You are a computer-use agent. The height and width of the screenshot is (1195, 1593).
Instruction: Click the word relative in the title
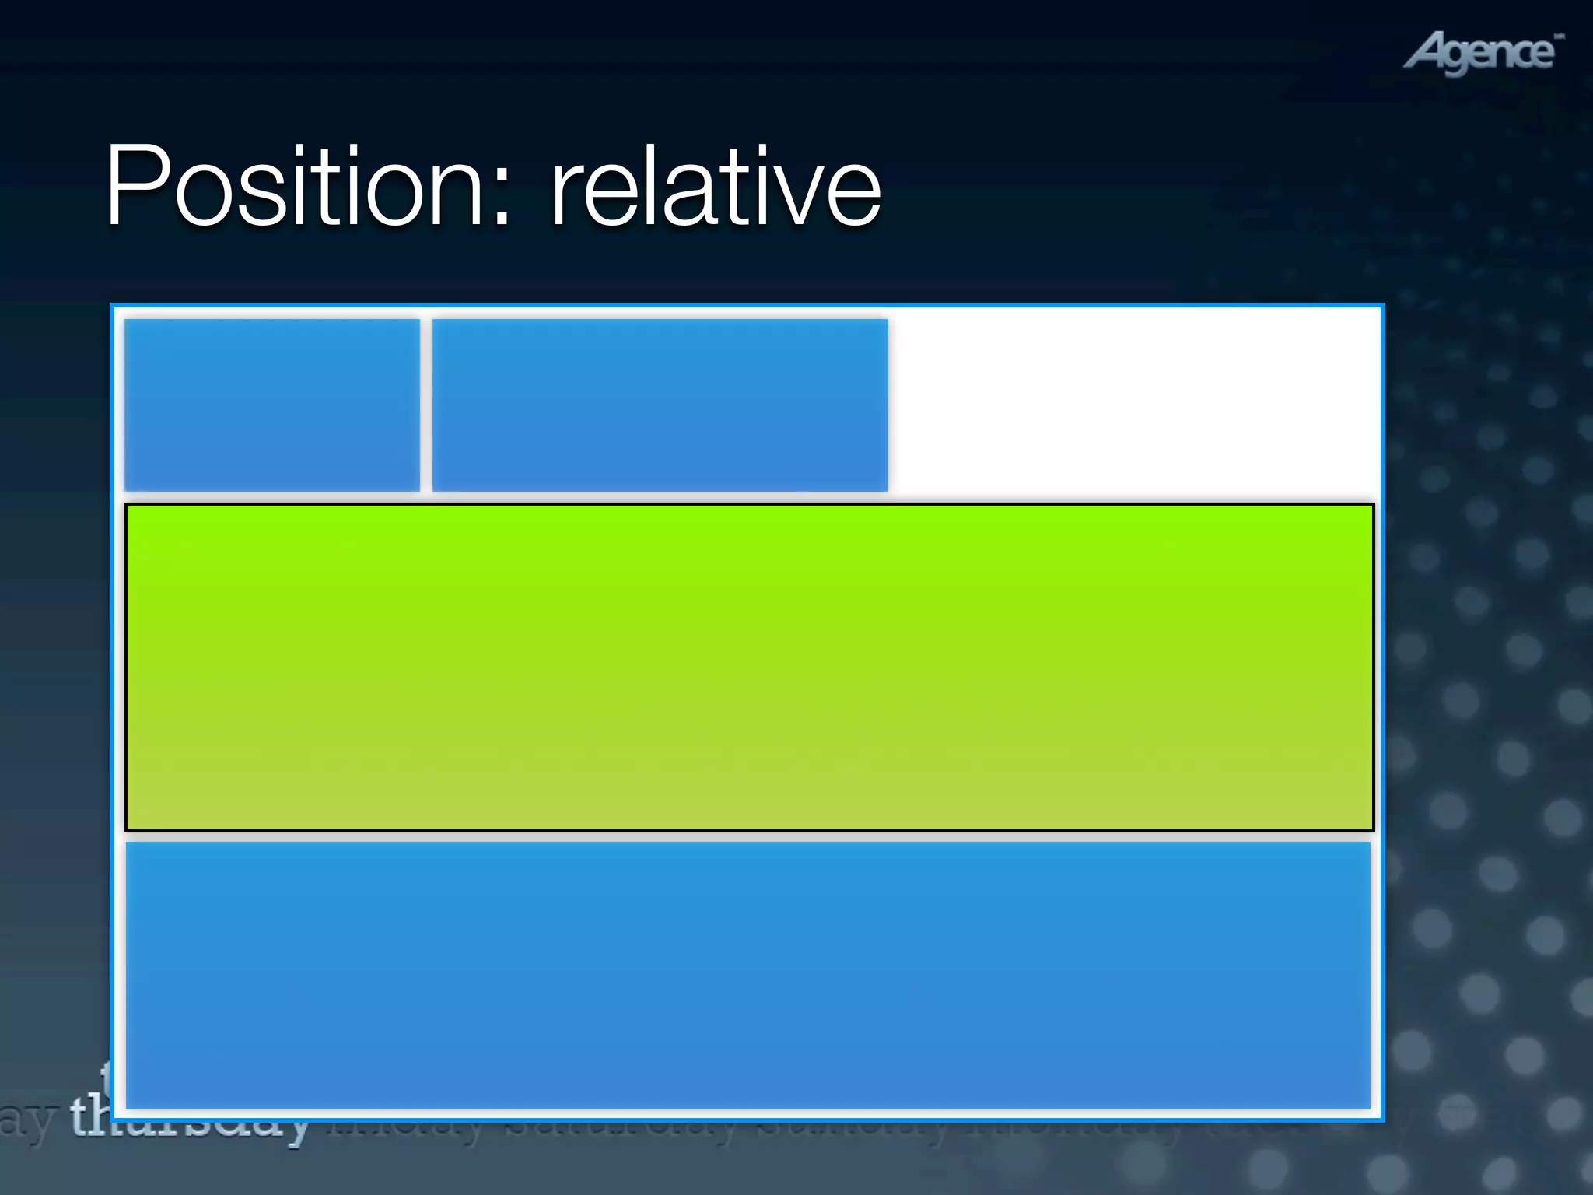[716, 187]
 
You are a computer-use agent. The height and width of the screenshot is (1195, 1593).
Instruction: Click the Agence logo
[1482, 53]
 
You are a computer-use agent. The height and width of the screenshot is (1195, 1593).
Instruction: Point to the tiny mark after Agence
[1559, 36]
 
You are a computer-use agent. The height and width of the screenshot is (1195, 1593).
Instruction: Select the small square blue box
[272, 405]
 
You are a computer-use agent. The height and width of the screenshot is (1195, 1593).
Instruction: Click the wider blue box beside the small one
[660, 405]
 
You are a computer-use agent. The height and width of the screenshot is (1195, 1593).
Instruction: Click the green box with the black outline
[749, 668]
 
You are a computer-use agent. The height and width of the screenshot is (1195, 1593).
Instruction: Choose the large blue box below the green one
[747, 975]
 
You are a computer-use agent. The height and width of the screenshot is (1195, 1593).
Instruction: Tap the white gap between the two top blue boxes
[426, 405]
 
